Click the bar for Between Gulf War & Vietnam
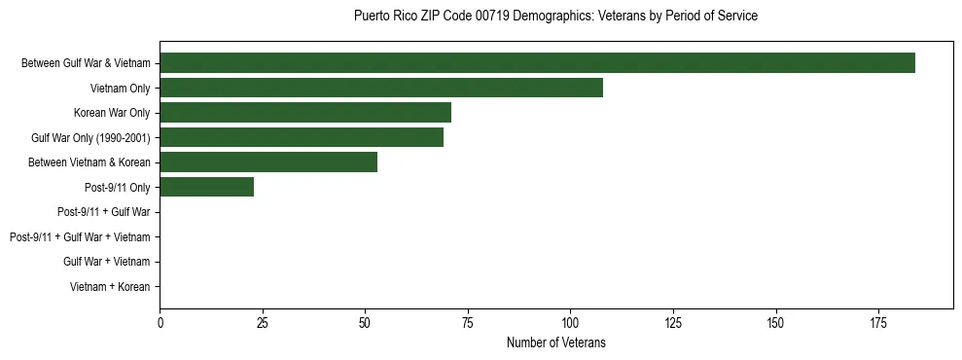click(537, 63)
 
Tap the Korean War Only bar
click(305, 113)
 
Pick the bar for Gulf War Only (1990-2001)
click(302, 137)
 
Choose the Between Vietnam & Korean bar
click(268, 162)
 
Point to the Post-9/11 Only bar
click(207, 187)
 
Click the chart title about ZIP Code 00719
click(555, 17)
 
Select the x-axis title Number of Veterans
click(555, 342)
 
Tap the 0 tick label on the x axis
click(160, 322)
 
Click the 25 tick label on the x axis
click(263, 322)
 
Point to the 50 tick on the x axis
click(365, 322)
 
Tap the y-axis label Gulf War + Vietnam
click(106, 262)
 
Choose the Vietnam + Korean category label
click(110, 287)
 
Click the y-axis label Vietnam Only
click(119, 89)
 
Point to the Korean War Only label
click(112, 113)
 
